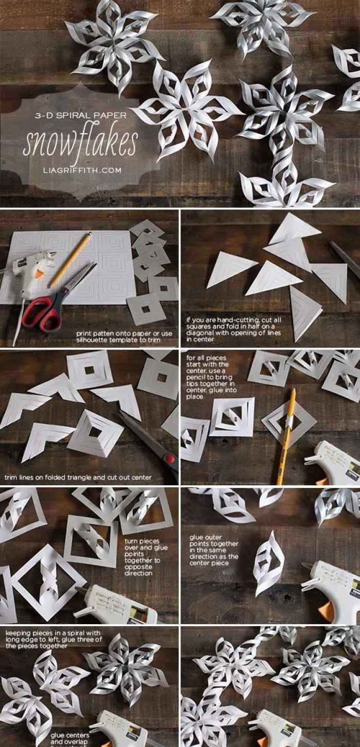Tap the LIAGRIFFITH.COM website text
82,170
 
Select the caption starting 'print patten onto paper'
124,336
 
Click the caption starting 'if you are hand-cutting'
234,329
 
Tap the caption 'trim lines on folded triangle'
78,477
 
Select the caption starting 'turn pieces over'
146,557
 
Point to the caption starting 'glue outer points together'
214,550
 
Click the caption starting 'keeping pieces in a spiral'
53,639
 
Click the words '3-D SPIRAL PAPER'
80,116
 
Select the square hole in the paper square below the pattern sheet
146,309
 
